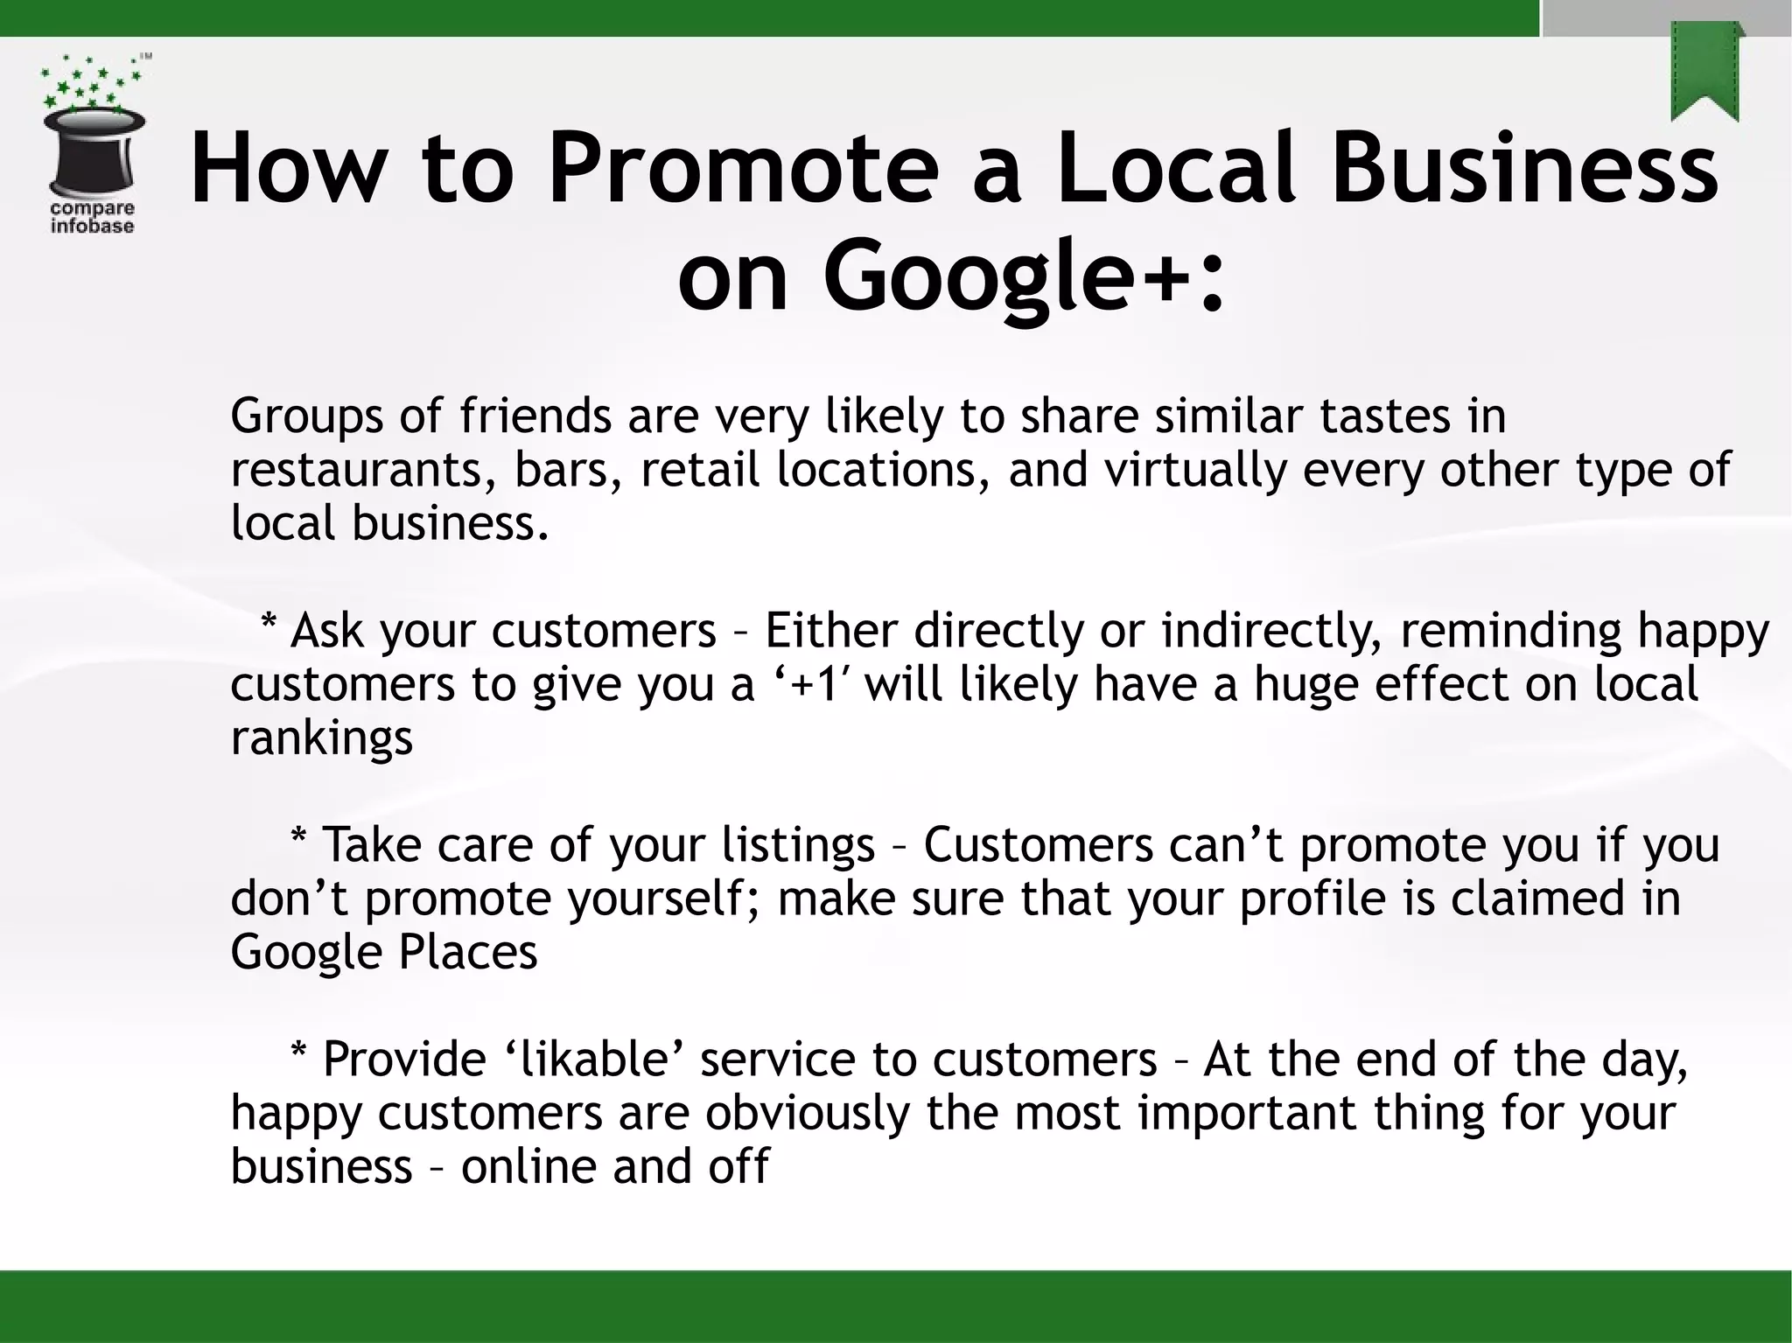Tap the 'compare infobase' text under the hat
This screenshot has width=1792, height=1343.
92,218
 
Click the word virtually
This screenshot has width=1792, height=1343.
1195,470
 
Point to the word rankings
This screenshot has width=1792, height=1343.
321,738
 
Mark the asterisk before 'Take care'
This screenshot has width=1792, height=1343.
298,841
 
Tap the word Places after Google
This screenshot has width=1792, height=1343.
468,953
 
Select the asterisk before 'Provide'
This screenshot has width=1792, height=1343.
298,1055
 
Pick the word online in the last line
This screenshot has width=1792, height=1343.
528,1167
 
